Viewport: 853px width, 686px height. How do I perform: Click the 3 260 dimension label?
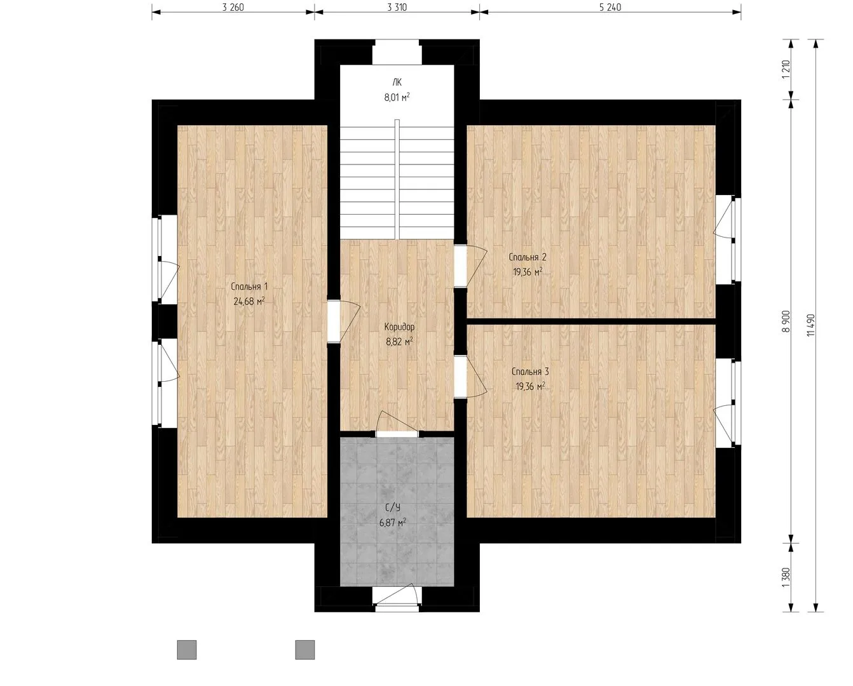[x=233, y=7]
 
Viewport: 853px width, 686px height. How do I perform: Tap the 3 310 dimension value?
[x=397, y=7]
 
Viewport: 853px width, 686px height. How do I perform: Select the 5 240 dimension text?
[x=610, y=7]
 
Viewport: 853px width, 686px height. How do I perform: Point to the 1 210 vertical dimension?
[x=786, y=69]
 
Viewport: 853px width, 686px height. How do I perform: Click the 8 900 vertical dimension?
[x=786, y=321]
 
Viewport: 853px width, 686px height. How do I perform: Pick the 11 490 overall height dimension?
[x=811, y=325]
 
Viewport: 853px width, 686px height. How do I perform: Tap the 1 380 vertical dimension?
[x=786, y=578]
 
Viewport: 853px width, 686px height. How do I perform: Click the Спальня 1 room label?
[x=249, y=286]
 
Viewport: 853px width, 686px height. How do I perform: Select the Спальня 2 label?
[x=528, y=257]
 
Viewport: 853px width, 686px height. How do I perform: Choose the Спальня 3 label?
[x=530, y=372]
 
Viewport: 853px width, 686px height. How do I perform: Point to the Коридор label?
[x=400, y=327]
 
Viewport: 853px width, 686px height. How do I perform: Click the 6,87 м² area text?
[x=392, y=522]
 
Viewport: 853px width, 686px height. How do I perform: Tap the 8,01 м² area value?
[x=397, y=97]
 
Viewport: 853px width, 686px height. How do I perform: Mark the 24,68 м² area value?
[x=249, y=302]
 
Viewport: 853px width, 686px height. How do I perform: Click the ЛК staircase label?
[x=397, y=83]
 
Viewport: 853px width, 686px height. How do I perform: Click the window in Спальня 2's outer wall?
[x=728, y=239]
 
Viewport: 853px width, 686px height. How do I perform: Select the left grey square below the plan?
[x=187, y=650]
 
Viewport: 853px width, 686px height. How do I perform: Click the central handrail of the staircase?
[x=397, y=179]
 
